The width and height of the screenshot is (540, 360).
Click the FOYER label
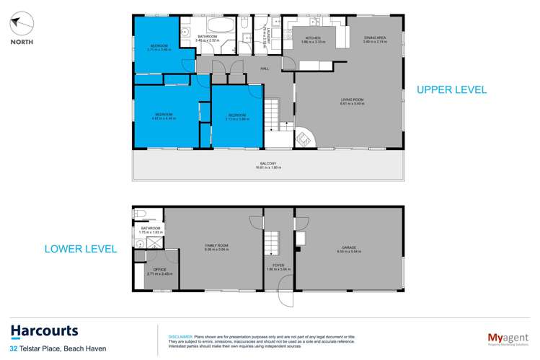278,265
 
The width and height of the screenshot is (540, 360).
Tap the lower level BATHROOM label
150,229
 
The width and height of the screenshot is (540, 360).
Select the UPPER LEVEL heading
452,90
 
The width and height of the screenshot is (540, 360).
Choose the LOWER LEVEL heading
81,249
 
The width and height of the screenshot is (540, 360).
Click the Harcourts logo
45,332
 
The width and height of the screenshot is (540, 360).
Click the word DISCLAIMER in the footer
180,336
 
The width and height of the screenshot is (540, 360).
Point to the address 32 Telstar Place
43,350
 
